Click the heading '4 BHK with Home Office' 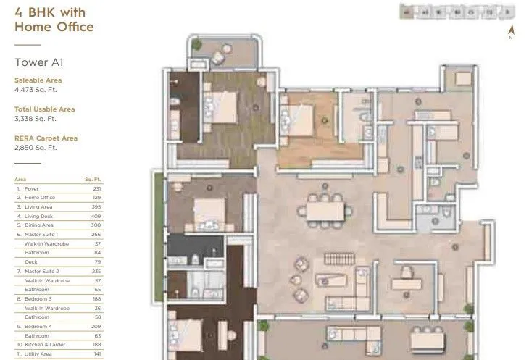(x=54, y=20)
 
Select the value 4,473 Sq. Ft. (x=36, y=90)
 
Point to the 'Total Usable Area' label (x=44, y=109)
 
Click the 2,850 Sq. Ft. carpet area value (x=36, y=147)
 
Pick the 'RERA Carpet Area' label (x=46, y=138)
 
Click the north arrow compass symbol (x=511, y=32)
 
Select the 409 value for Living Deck (x=96, y=216)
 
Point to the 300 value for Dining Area (x=96, y=225)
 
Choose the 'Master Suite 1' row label (x=41, y=235)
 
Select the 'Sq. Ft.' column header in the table (x=92, y=178)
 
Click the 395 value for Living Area (x=96, y=206)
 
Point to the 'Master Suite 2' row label (x=41, y=272)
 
